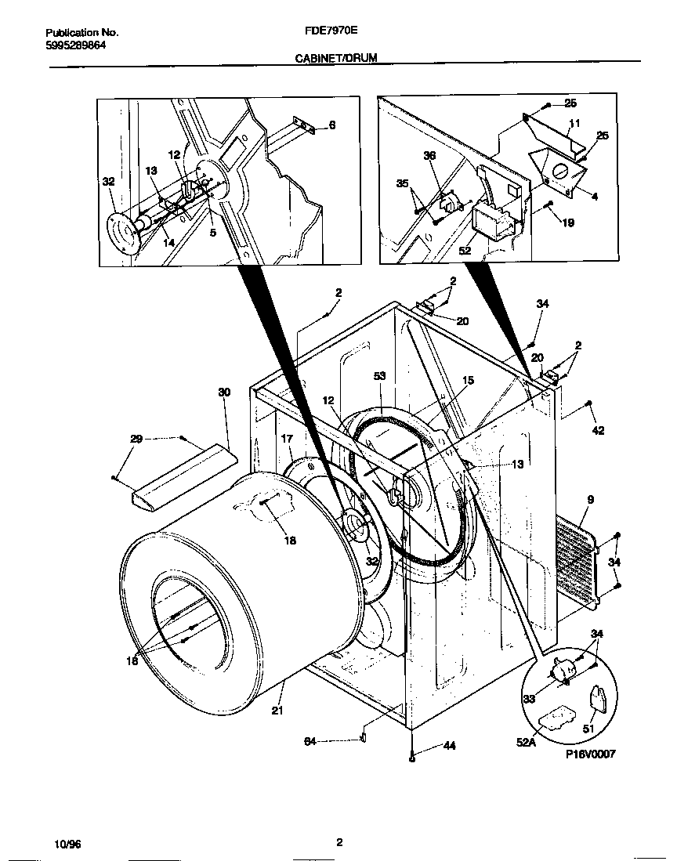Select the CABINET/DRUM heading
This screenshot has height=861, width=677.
[332, 58]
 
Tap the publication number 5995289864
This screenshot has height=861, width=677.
[76, 45]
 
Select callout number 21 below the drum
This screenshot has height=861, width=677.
[276, 711]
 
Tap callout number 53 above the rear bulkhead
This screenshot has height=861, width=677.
[380, 377]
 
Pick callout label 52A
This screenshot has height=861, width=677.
[525, 741]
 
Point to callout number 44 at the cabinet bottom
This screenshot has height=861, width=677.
[449, 746]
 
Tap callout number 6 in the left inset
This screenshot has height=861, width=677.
[331, 125]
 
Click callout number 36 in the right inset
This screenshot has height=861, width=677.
[429, 156]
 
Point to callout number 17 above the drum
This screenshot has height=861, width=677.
[288, 440]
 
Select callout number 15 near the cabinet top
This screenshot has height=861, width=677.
[468, 381]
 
